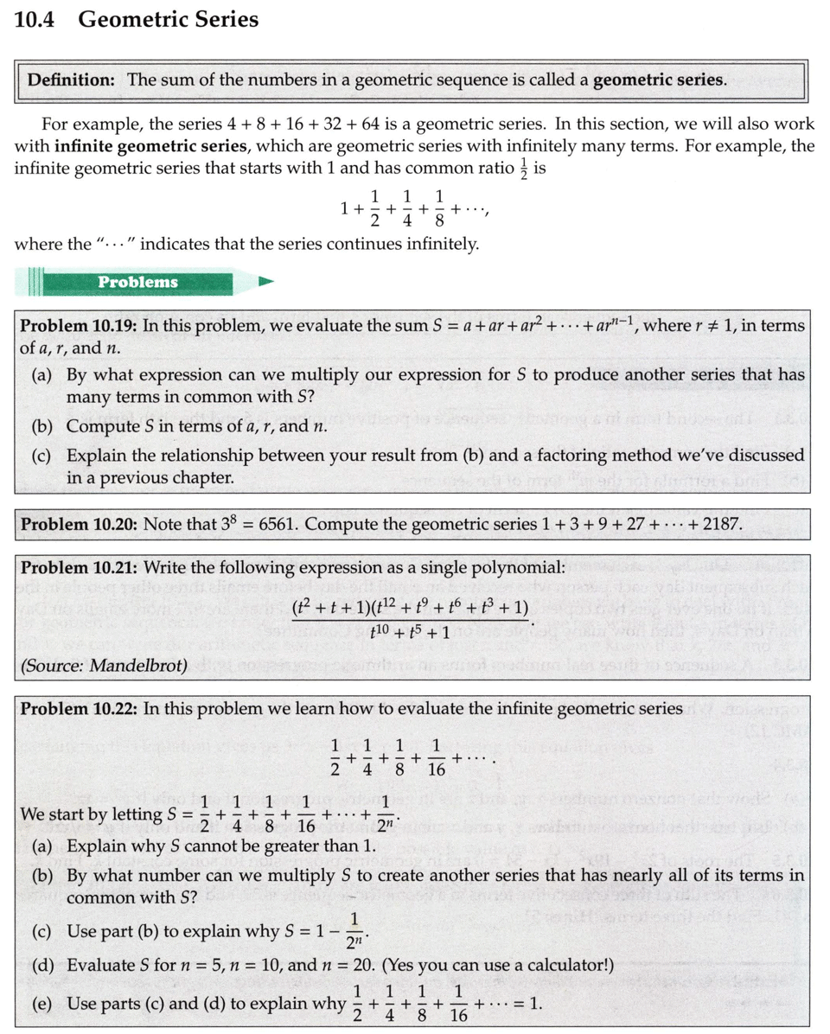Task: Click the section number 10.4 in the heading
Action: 35,20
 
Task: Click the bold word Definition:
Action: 73,80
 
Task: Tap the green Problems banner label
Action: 137,282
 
